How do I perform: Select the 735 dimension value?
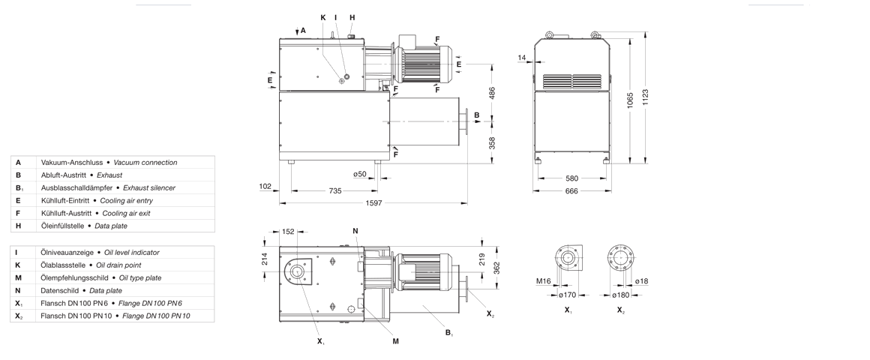[x=334, y=191]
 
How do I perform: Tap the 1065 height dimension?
[x=630, y=99]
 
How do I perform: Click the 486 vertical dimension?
[x=492, y=92]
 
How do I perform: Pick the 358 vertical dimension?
[x=492, y=142]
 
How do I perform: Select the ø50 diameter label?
[x=360, y=175]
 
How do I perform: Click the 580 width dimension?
[x=571, y=178]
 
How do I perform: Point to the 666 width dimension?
[x=571, y=191]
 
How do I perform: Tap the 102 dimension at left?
[x=264, y=187]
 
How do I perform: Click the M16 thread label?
[x=543, y=281]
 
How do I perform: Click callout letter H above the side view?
[x=352, y=17]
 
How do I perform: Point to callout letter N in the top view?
[x=355, y=230]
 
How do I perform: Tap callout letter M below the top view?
[x=395, y=341]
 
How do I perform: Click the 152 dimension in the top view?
[x=289, y=232]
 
